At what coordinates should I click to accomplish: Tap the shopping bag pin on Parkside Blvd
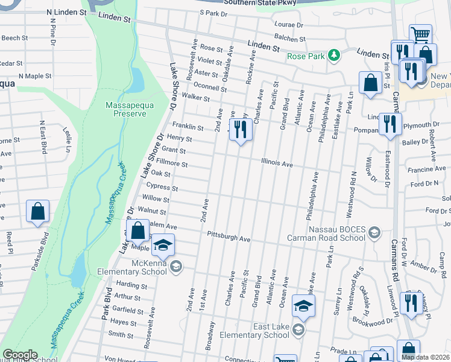tap(37, 212)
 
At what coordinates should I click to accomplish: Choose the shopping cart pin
tap(420, 35)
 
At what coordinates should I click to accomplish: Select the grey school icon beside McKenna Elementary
tap(176, 266)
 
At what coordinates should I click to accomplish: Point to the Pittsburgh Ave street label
tap(229, 236)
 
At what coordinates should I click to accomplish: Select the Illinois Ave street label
tap(277, 164)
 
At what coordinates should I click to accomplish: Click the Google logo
tap(20, 355)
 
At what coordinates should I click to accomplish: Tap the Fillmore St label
tap(172, 164)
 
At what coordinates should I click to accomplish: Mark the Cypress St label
tap(162, 188)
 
